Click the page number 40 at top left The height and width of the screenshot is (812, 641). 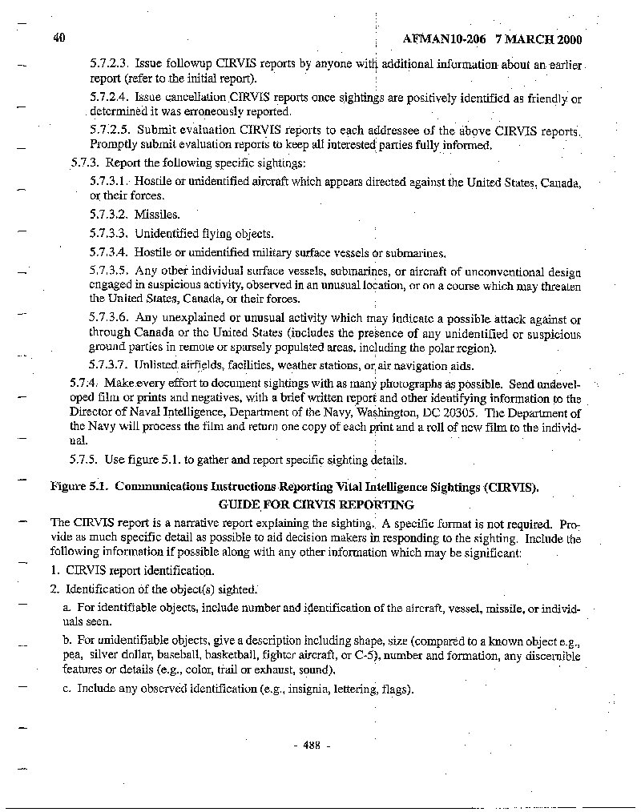(58, 38)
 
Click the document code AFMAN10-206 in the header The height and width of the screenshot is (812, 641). (444, 38)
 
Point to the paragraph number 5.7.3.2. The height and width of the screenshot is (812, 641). (110, 215)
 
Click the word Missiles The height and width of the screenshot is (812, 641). (157, 215)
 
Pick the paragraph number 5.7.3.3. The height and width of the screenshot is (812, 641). (110, 234)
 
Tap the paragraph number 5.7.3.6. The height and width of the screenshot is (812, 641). (110, 319)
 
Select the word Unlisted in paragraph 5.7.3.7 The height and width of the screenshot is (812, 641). (155, 365)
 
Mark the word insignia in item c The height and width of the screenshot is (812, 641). (300, 689)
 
